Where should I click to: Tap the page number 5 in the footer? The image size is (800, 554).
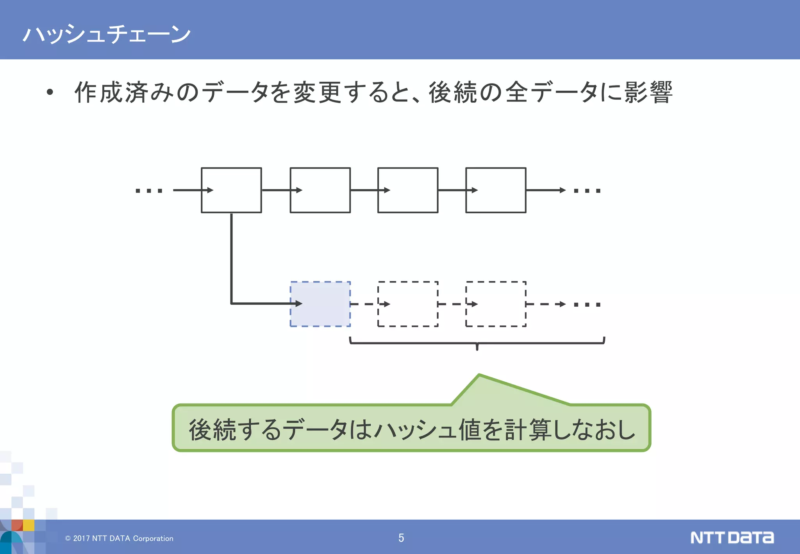401,538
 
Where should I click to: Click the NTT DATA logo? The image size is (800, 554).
732,538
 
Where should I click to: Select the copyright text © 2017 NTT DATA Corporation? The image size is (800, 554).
119,538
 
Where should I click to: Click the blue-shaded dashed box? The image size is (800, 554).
320,304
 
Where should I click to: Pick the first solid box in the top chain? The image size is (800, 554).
231,190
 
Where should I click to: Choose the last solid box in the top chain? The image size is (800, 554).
495,190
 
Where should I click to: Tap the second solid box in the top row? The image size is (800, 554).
320,190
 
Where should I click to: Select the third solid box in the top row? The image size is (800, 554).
407,190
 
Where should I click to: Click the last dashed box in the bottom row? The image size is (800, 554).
495,304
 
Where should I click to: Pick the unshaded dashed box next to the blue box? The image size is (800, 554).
407,304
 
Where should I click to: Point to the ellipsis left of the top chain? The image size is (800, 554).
149,191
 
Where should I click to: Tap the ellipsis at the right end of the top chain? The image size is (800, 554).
587,191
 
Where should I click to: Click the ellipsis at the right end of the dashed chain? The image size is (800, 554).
587,304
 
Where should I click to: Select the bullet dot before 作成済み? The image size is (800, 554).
50,93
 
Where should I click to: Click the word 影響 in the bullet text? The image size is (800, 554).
648,93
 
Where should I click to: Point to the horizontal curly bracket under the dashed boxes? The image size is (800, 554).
477,343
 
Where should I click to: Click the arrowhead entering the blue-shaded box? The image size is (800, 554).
298,303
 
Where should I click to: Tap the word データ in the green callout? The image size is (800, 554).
314,429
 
